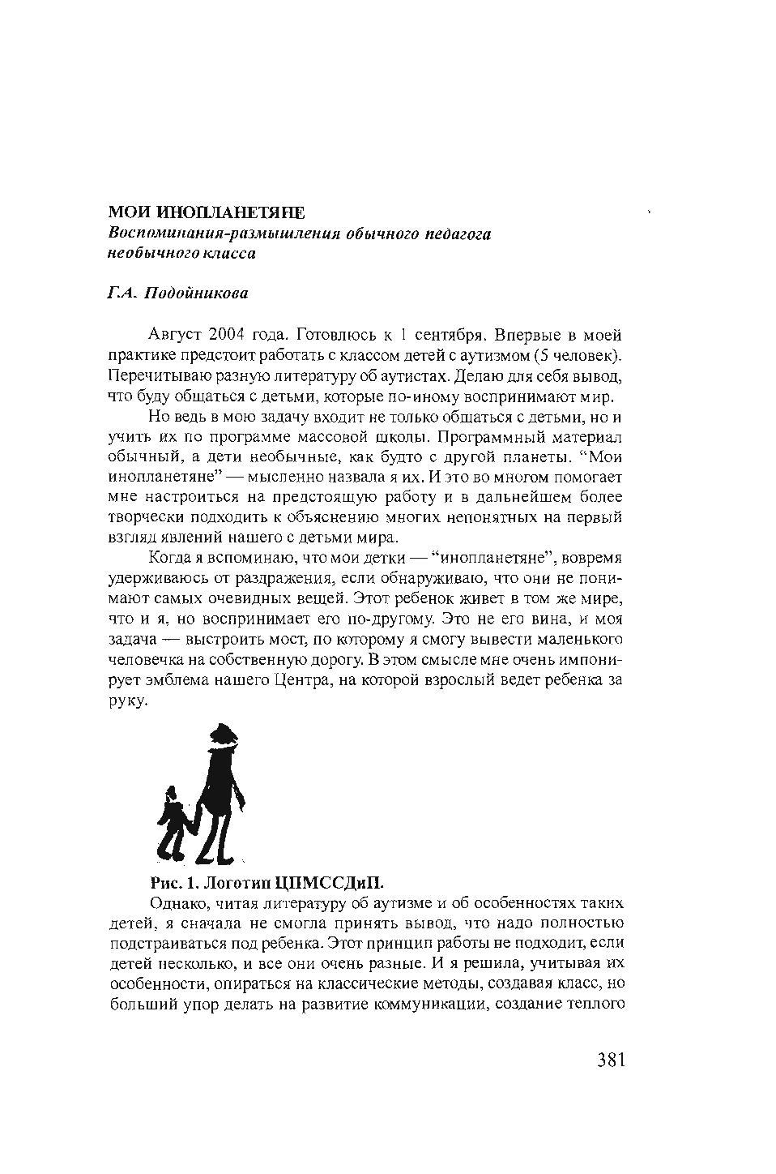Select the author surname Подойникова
click(x=196, y=293)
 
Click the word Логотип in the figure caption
click(x=237, y=882)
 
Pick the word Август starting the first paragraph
click(x=176, y=335)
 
